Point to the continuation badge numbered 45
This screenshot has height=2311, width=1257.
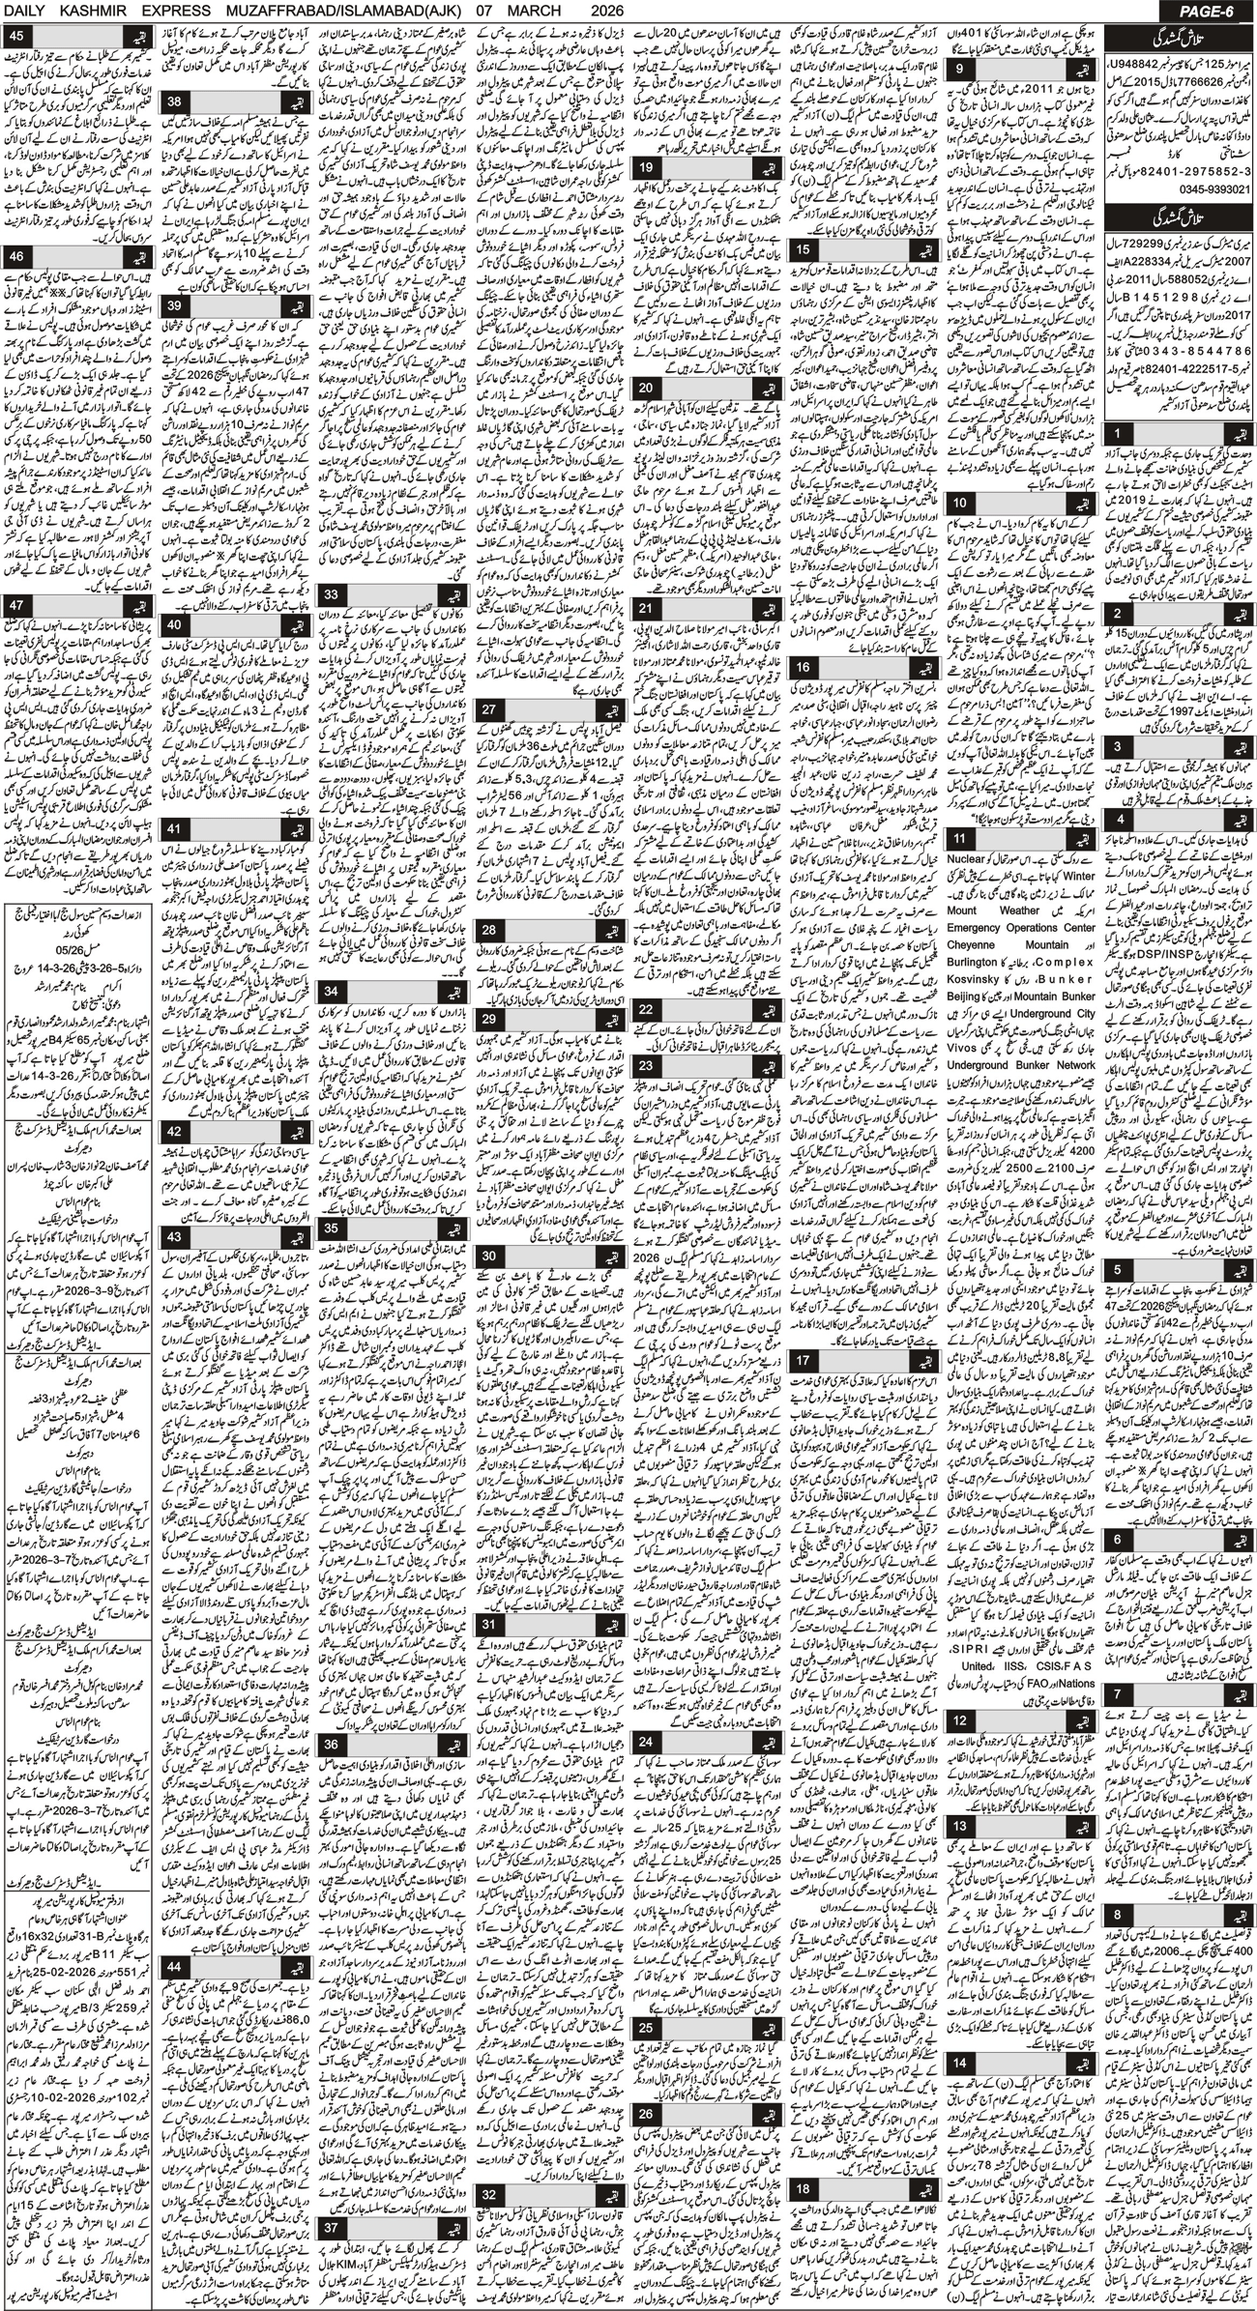(18, 37)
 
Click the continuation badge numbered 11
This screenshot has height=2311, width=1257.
(959, 837)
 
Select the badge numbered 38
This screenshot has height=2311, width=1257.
(176, 101)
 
